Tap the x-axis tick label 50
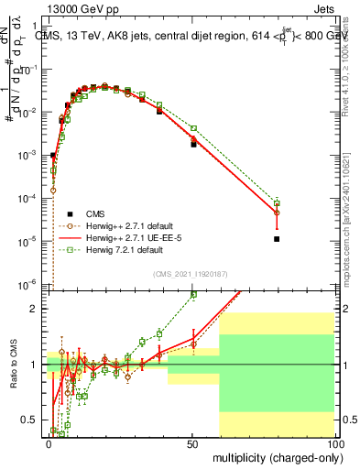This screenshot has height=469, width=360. point(191,442)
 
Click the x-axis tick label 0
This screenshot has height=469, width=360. point(49,442)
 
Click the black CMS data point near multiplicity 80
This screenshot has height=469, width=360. point(277,239)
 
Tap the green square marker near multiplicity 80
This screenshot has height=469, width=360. point(277,203)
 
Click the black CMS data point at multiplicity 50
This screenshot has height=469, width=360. point(193,145)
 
